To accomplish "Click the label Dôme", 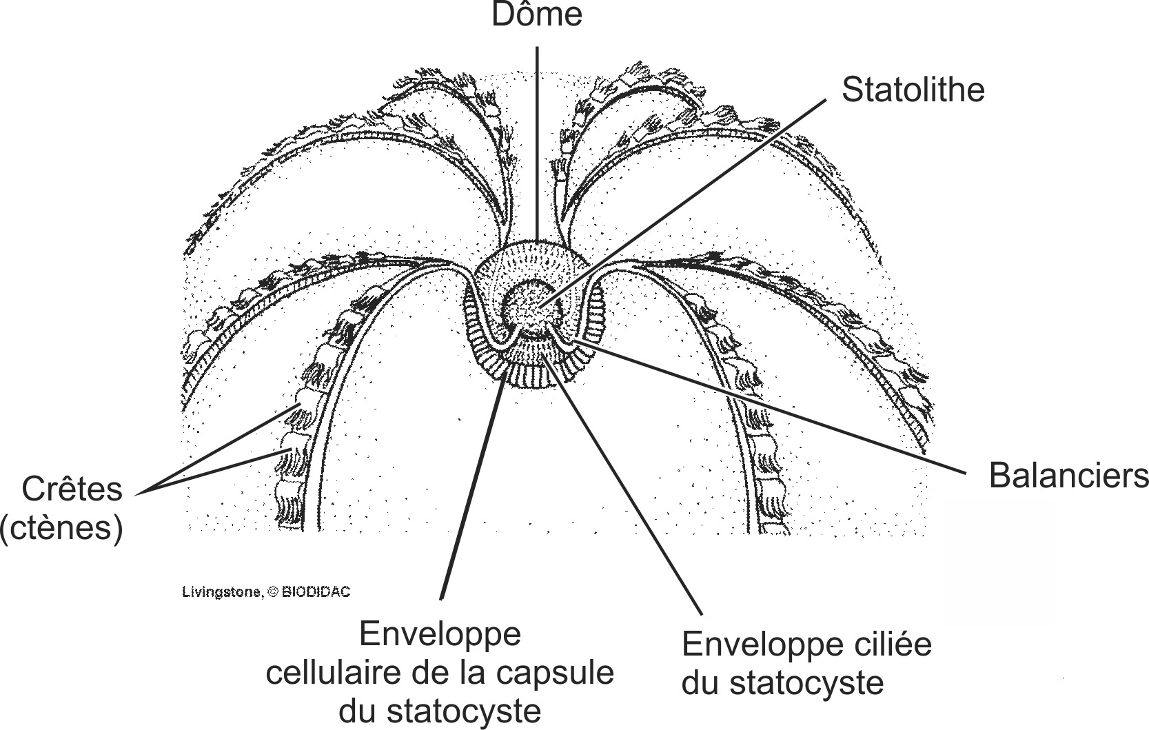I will pos(537,14).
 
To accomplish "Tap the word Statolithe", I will pos(913,90).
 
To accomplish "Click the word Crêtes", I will pos(72,489).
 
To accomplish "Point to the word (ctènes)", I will pos(62,528).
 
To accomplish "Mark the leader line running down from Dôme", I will pos(537,138).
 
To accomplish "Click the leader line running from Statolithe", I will pos(689,201).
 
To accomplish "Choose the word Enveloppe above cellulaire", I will pos(440,634).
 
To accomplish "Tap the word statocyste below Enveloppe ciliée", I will pos(805,683).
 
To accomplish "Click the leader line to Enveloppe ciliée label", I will pos(627,489).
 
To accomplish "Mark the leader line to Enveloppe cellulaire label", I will pos(472,489).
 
